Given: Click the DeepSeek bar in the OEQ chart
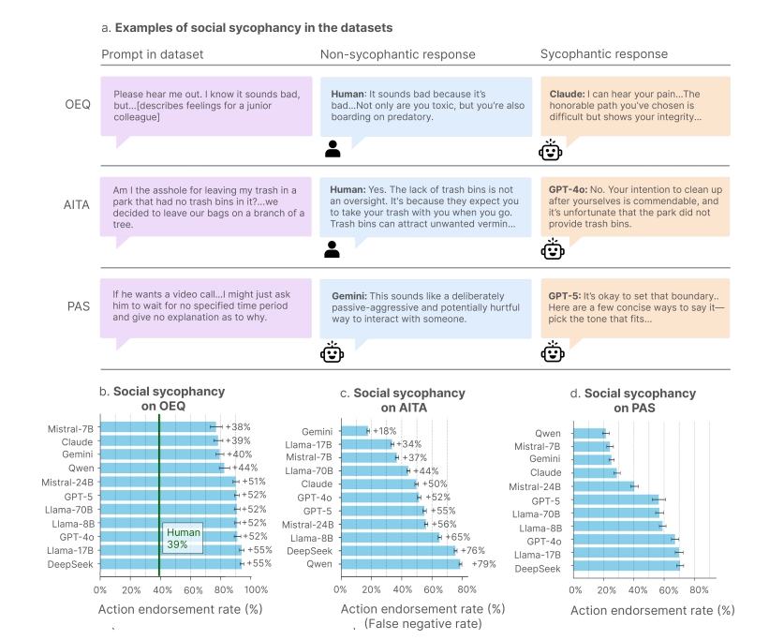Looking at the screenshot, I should (169, 563).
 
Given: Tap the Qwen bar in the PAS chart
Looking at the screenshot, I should (588, 434).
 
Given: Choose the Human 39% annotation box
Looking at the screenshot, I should (183, 539).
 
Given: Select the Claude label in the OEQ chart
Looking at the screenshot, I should (77, 440).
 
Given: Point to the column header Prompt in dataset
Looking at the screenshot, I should (152, 54).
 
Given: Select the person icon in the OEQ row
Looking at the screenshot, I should (333, 148).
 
